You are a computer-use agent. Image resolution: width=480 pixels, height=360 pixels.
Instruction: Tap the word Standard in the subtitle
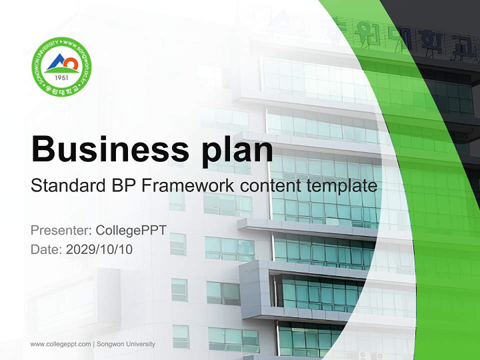[x=66, y=186]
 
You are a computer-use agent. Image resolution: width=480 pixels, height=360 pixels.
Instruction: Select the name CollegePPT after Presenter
[x=131, y=230]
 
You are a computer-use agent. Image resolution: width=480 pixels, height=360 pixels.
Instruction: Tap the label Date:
[x=46, y=249]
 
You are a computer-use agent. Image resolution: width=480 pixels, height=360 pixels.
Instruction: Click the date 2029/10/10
[x=99, y=249]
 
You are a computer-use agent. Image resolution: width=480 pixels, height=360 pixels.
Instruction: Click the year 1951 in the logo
[x=61, y=77]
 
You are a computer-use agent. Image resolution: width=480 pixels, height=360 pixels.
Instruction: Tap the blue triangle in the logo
[x=56, y=64]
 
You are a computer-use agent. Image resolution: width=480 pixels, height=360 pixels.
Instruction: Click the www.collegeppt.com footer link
[x=60, y=344]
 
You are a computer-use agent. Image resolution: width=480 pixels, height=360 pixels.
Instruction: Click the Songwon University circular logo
[x=61, y=66]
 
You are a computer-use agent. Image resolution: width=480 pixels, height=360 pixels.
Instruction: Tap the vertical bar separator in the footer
[x=93, y=344]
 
